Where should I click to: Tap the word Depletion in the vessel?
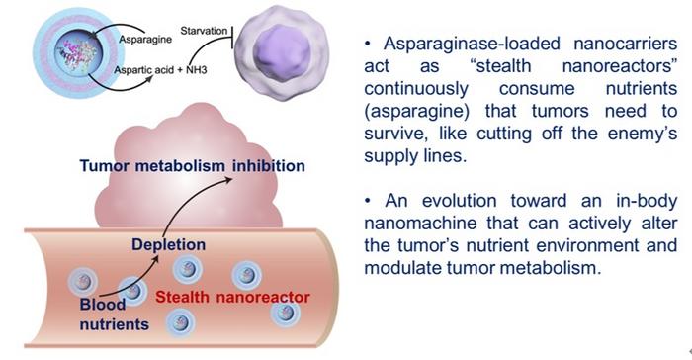[162, 244]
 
